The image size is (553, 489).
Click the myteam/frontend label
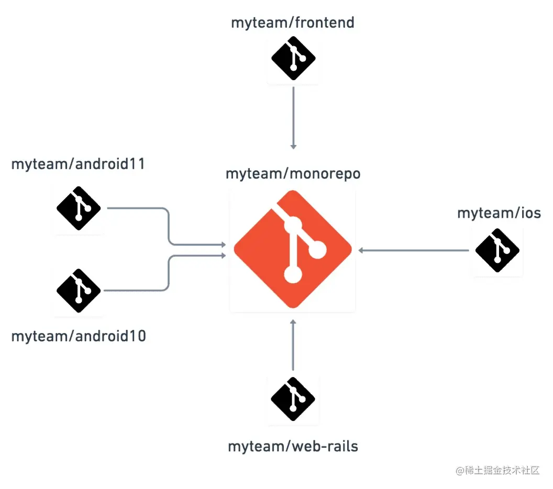[293, 23]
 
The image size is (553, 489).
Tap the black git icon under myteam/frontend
[293, 58]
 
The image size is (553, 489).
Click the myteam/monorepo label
[293, 174]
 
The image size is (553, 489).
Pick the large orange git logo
[293, 250]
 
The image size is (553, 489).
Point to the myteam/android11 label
[78, 164]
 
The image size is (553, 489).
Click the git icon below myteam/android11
[79, 208]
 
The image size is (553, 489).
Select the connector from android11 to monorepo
[169, 225]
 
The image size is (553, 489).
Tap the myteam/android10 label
[79, 336]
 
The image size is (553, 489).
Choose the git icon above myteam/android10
[79, 291]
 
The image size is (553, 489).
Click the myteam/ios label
[499, 213]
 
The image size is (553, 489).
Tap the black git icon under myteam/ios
[497, 250]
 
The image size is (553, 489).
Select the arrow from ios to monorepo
[414, 250]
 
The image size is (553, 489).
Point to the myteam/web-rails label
[293, 447]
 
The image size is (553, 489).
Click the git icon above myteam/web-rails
[293, 399]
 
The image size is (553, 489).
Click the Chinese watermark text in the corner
[497, 470]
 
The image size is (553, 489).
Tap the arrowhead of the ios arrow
[361, 250]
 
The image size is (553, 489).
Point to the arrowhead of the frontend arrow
[293, 146]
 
